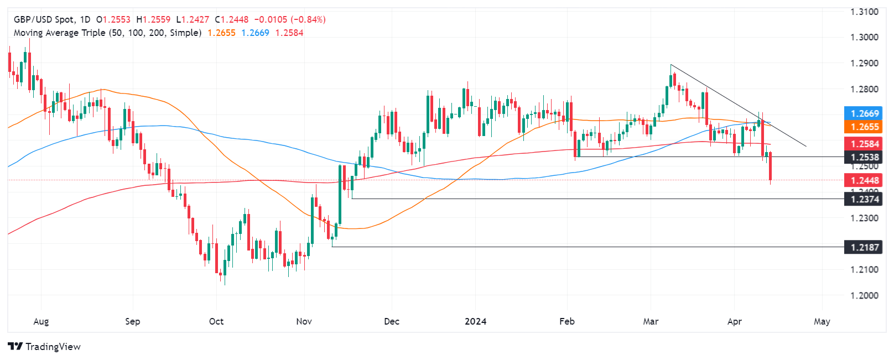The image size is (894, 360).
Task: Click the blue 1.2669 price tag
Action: [865, 113]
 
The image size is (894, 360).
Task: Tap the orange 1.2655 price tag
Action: [865, 127]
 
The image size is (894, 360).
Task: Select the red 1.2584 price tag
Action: [865, 144]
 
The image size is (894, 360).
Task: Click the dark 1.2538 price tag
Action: [865, 158]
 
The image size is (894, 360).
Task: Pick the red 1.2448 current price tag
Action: [865, 180]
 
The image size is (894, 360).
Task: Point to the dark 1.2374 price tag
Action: [865, 199]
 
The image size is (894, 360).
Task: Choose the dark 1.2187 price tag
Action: [865, 247]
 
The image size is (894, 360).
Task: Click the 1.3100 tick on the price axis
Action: [864, 12]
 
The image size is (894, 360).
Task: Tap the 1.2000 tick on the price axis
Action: [864, 295]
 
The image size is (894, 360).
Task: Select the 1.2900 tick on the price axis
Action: [864, 63]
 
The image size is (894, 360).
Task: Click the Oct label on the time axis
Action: [216, 321]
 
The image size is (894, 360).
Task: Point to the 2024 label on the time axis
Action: [475, 321]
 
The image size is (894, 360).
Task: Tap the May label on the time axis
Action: [822, 321]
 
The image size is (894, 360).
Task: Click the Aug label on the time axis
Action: [41, 321]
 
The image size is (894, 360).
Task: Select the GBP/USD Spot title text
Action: [44, 19]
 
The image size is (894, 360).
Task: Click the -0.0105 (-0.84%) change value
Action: [290, 19]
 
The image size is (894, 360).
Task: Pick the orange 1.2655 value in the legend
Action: [221, 33]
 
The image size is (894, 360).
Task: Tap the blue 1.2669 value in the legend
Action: [255, 33]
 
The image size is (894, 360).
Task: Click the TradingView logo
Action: [44, 347]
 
